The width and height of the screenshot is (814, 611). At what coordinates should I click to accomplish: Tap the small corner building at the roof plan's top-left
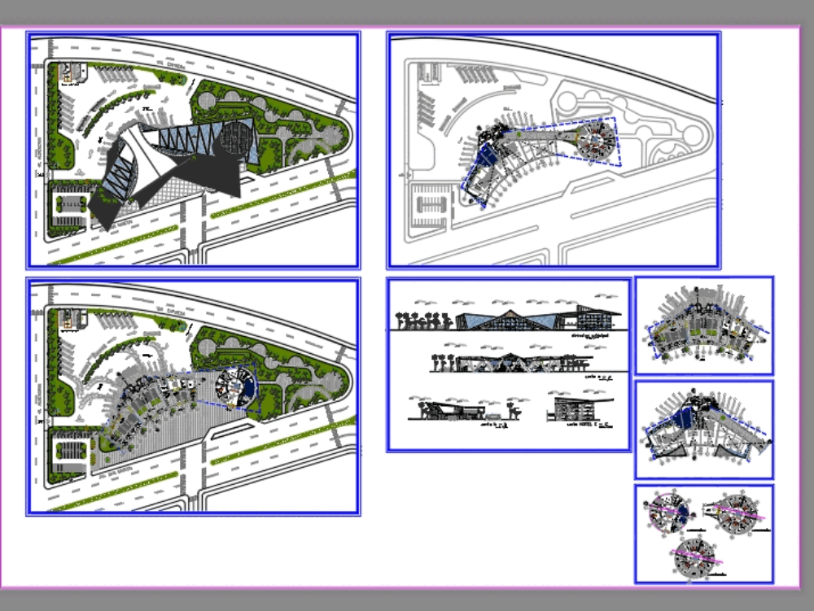click(71, 72)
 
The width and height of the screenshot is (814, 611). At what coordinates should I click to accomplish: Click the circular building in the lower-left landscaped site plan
click(235, 386)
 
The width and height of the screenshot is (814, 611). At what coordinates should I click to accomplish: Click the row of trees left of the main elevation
click(423, 319)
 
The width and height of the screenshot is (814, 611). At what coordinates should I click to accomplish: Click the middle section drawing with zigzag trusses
click(513, 364)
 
